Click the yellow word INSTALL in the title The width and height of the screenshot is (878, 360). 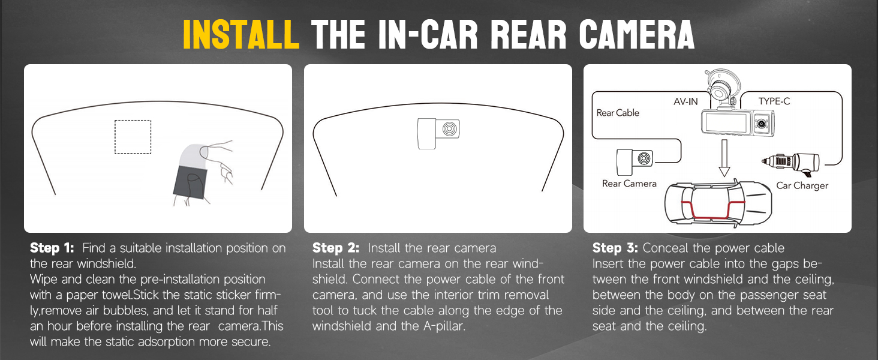click(x=241, y=35)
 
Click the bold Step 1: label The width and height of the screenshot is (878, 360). click(x=52, y=248)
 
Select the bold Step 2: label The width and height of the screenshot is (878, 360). click(x=335, y=248)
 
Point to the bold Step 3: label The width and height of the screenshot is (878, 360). click(x=615, y=248)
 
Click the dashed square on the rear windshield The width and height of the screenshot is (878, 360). click(x=133, y=137)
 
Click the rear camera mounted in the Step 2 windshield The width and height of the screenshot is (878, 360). click(x=438, y=133)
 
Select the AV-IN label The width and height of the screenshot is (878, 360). click(x=685, y=101)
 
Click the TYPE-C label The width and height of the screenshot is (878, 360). click(x=774, y=101)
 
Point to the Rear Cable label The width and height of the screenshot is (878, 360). click(x=618, y=113)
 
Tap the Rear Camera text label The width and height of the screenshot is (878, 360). click(x=629, y=184)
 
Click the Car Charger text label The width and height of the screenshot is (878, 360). click(x=802, y=185)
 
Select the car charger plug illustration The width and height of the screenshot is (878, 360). click(x=789, y=161)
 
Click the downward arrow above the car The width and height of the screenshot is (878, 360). click(x=724, y=158)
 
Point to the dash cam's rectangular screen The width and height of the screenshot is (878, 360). click(x=726, y=123)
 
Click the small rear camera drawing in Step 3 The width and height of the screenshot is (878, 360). click(x=635, y=160)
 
